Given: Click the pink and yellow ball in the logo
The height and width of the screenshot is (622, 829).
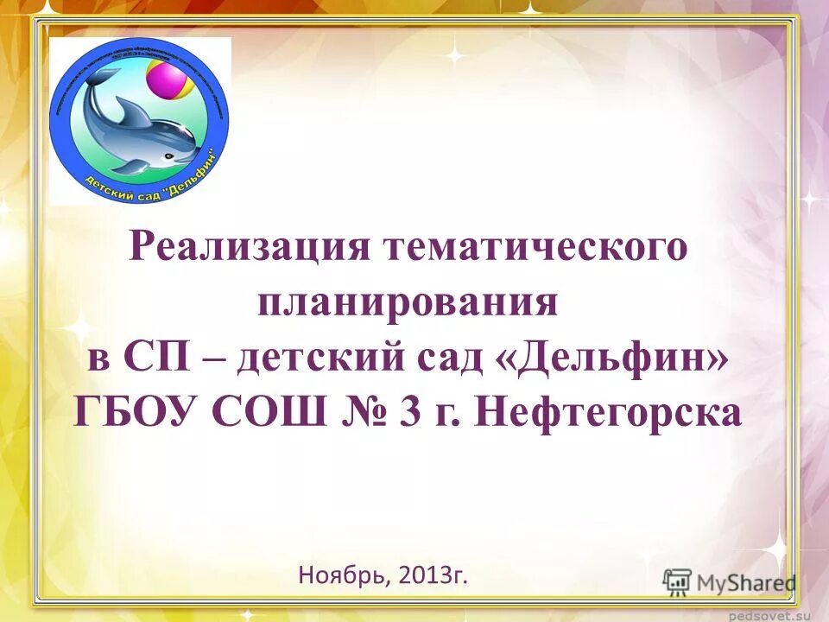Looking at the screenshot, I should pyautogui.click(x=166, y=80).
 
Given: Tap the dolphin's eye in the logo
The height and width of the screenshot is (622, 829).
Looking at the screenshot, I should pyautogui.click(x=169, y=156).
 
